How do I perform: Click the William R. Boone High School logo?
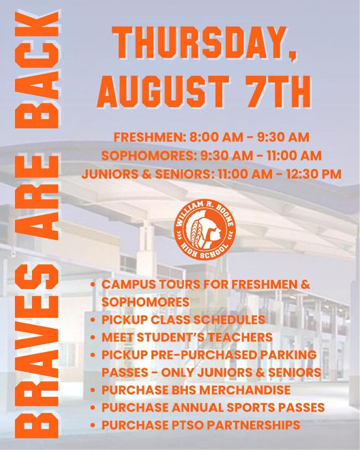pyautogui.click(x=204, y=230)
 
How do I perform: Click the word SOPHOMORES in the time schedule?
pyautogui.click(x=146, y=156)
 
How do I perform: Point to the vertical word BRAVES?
pyautogui.click(x=37, y=351)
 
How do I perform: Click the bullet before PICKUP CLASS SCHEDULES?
pyautogui.click(x=92, y=320)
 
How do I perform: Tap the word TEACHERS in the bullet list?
pyautogui.click(x=240, y=337)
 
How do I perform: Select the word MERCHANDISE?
pyautogui.click(x=245, y=390)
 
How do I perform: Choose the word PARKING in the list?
pyautogui.click(x=288, y=355)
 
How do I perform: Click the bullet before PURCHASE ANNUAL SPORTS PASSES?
pyautogui.click(x=92, y=407)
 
